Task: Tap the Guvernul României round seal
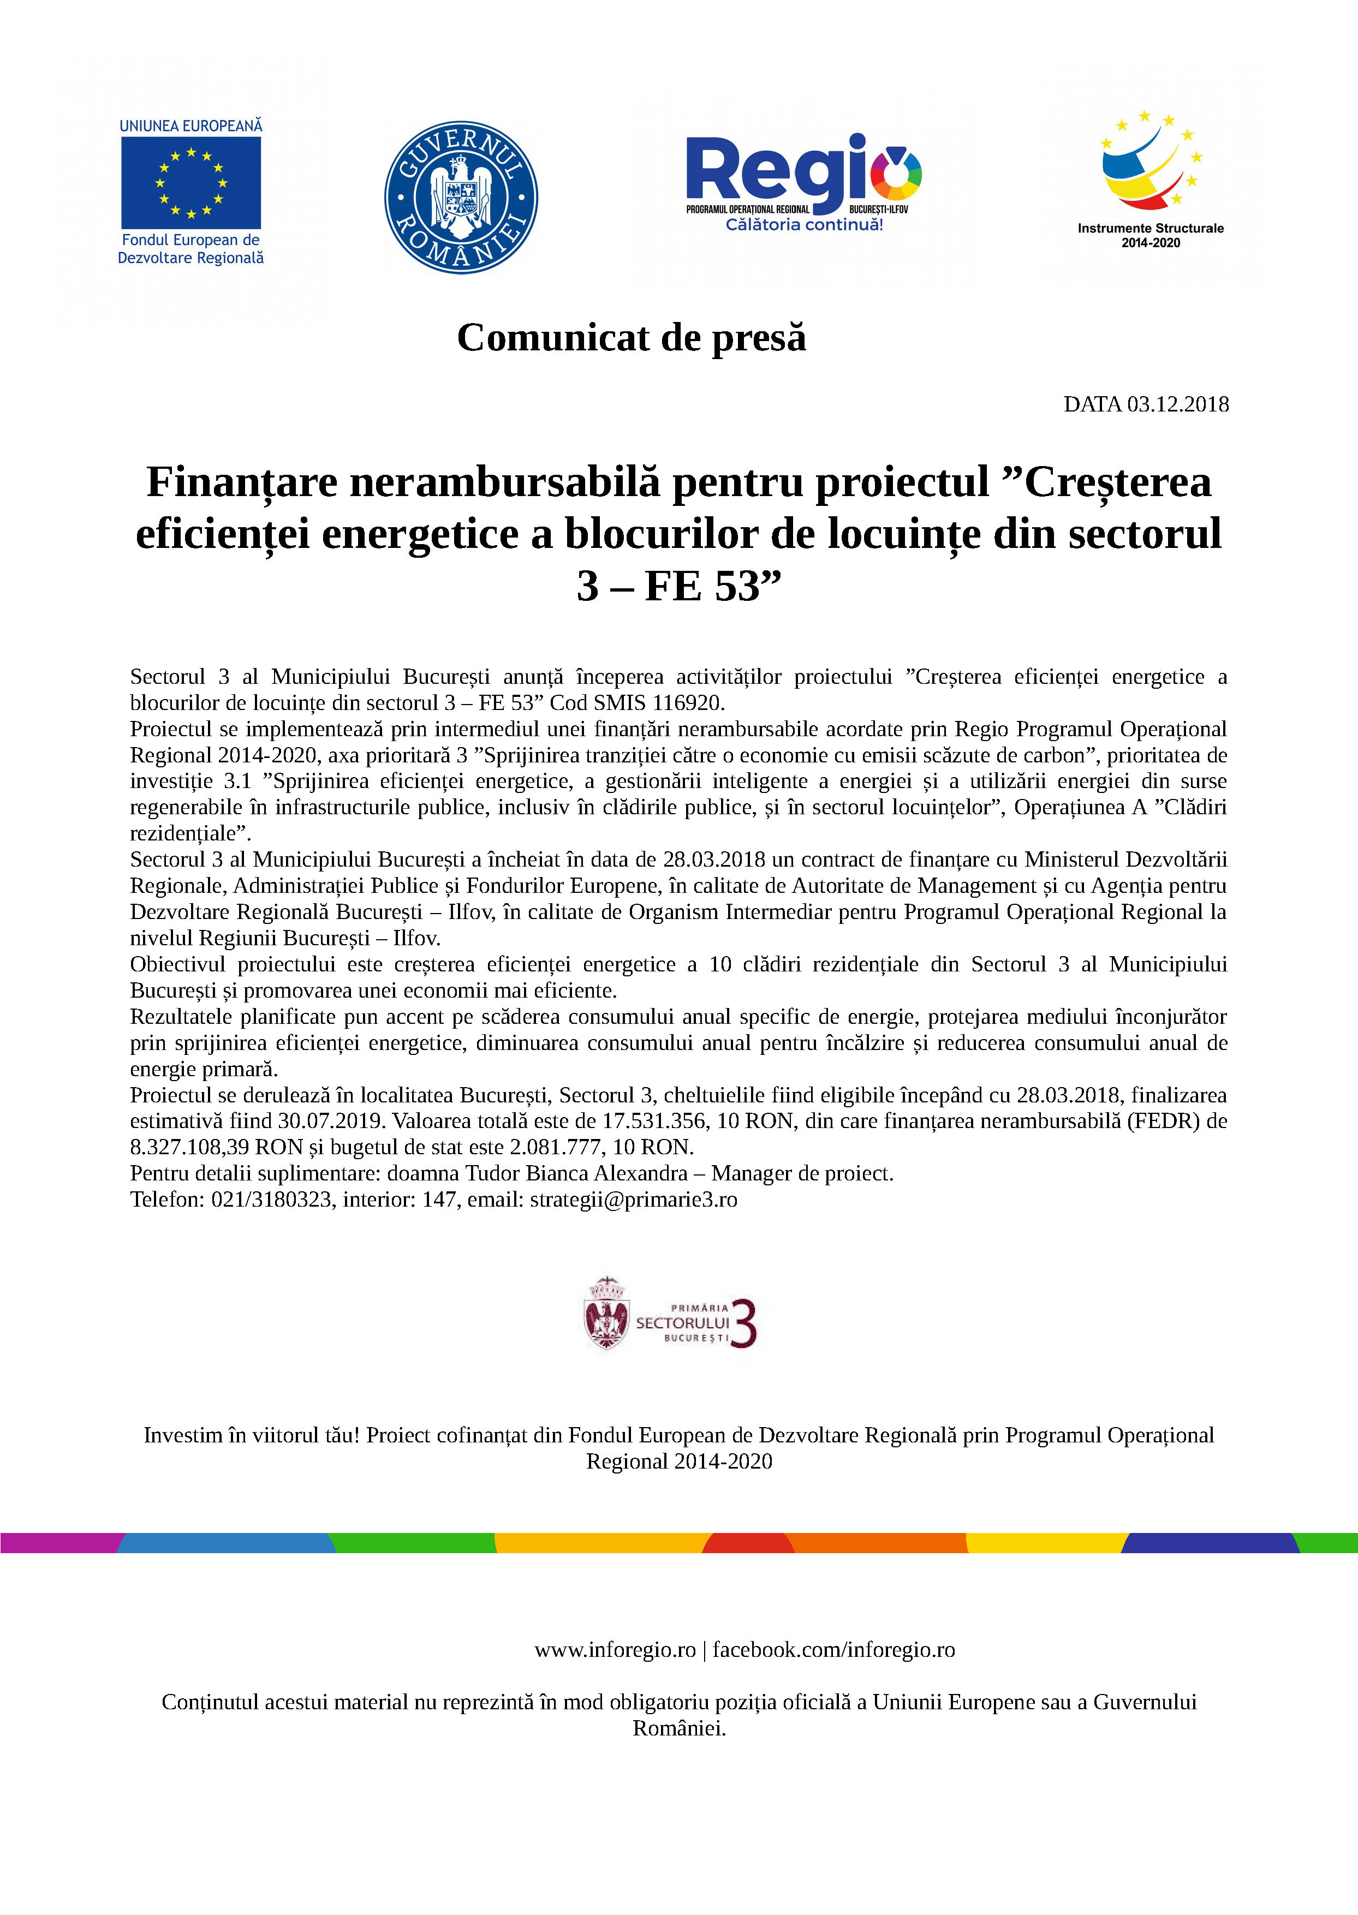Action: [x=461, y=197]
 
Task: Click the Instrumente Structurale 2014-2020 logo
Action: [x=1150, y=180]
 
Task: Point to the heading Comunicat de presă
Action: [x=632, y=338]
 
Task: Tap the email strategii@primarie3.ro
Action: [x=633, y=1200]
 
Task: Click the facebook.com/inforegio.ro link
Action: [x=833, y=1650]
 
